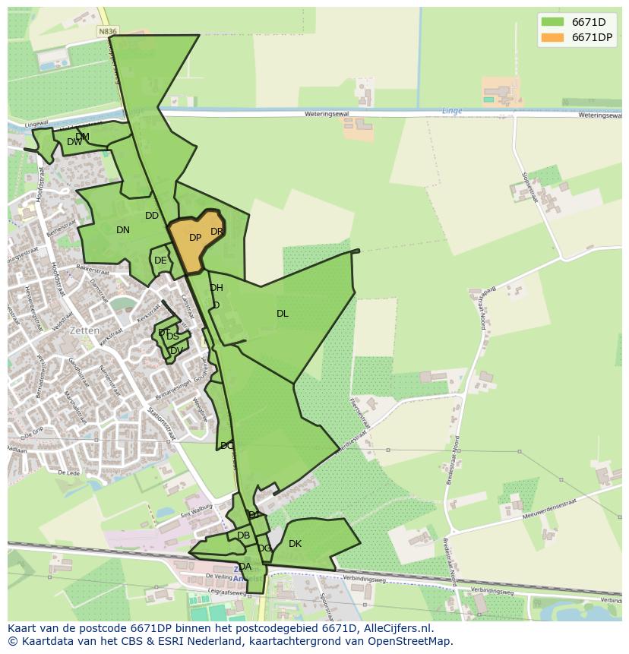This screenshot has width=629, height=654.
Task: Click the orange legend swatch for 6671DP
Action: (552, 37)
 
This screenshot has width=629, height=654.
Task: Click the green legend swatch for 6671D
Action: (552, 22)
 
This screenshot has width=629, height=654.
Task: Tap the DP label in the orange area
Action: (195, 238)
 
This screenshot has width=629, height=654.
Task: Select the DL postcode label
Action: (283, 313)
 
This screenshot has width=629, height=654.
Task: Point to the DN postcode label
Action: (123, 230)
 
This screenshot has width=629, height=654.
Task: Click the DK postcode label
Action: (295, 544)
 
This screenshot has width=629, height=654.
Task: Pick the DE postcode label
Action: (160, 261)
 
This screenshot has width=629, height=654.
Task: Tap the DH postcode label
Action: (217, 288)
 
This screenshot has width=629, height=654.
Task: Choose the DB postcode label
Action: (243, 536)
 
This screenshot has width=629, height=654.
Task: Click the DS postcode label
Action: (173, 336)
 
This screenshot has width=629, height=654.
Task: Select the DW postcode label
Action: (74, 142)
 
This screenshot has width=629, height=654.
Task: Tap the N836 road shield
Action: (109, 31)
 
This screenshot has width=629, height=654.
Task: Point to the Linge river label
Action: (452, 111)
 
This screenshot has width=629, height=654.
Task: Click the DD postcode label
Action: (152, 216)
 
